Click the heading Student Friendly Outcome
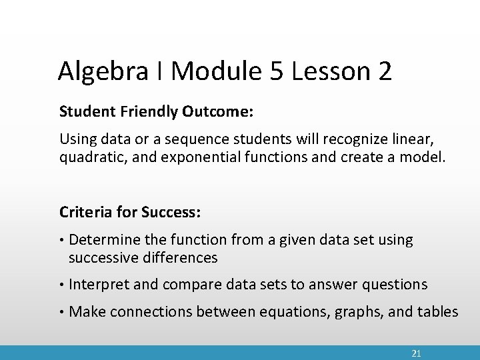(x=156, y=111)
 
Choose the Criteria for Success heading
(x=130, y=212)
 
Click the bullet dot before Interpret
(x=62, y=285)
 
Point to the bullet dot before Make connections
(x=62, y=311)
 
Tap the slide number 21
(x=416, y=353)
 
